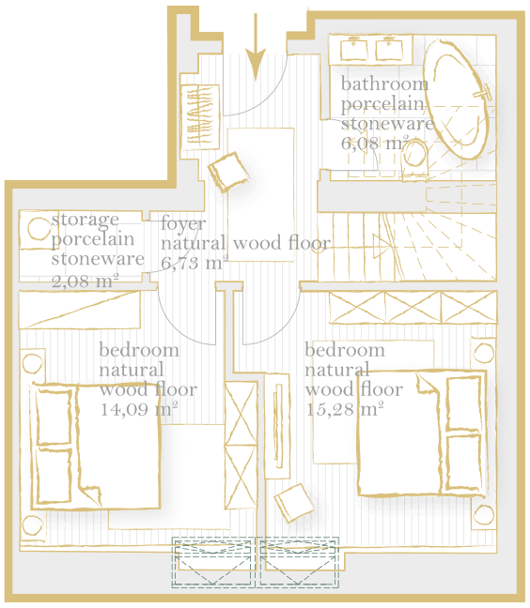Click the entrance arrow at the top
pyautogui.click(x=256, y=47)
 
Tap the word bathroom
pyautogui.click(x=384, y=84)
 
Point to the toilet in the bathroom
pyautogui.click(x=414, y=160)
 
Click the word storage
pyautogui.click(x=85, y=220)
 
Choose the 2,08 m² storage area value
pyautogui.click(x=85, y=281)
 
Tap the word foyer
pyautogui.click(x=183, y=224)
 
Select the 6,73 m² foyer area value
pyautogui.click(x=195, y=263)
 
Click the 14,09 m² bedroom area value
pyautogui.click(x=139, y=409)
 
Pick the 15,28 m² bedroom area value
pyautogui.click(x=345, y=409)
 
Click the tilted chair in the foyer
pyautogui.click(x=228, y=172)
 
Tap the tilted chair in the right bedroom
pyautogui.click(x=294, y=502)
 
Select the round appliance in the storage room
pyautogui.click(x=39, y=228)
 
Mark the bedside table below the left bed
pyautogui.click(x=33, y=526)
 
